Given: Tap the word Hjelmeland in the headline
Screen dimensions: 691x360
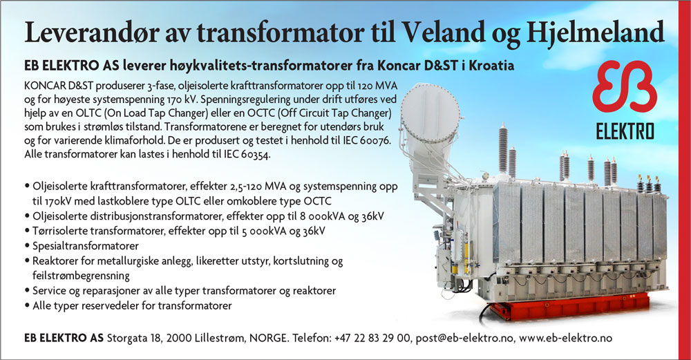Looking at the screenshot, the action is click(595, 32).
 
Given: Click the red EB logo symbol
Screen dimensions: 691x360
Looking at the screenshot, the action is click(625, 86).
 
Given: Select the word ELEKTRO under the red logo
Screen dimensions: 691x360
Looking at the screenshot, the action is click(625, 131).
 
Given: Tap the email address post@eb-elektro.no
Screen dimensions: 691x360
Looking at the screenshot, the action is click(464, 339).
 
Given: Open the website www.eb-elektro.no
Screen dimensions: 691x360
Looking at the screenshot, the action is click(565, 339).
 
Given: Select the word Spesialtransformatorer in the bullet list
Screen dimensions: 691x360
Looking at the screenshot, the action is click(86, 246).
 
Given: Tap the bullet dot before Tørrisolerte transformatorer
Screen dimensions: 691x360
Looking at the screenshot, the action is click(28, 231).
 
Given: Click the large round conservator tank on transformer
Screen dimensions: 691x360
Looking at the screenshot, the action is click(430, 119).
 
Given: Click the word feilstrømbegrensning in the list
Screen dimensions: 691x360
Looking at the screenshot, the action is click(81, 276).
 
